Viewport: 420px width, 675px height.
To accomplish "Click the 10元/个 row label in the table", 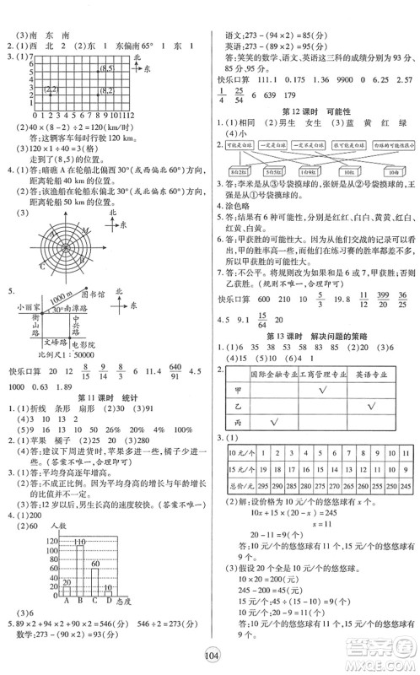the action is (234, 451).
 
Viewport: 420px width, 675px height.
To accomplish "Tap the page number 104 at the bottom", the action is (211, 658).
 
